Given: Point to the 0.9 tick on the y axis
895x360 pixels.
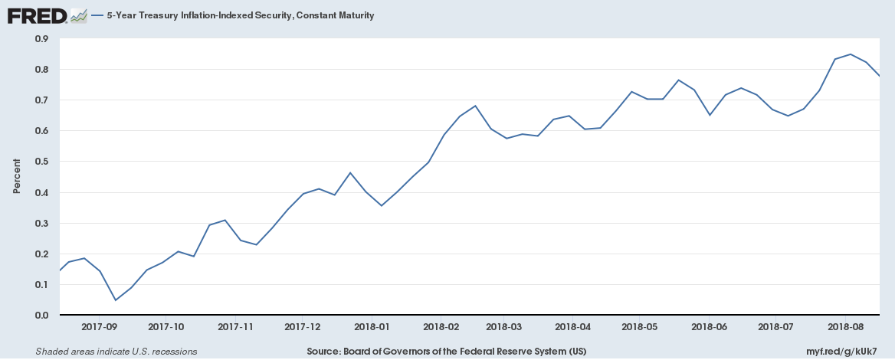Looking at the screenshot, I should point(42,38).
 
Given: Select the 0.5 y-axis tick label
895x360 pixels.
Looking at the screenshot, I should point(42,162).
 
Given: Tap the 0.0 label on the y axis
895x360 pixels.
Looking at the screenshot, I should point(42,316).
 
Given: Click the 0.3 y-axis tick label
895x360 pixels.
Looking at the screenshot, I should point(42,223).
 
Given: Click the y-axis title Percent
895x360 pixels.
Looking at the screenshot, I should point(17,177).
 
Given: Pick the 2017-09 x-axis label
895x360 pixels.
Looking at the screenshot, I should point(100,326).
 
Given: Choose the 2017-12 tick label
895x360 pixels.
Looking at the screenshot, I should point(303,326).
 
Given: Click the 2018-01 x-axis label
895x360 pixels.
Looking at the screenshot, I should point(372,326).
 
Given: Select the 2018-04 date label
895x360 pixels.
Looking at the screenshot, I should point(573,326).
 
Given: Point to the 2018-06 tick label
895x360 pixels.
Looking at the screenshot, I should point(709,326).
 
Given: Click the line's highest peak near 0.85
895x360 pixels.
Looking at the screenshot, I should point(851,54).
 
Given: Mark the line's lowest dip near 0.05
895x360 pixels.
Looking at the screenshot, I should point(115,300).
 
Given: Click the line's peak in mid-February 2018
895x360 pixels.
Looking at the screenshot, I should point(475,106).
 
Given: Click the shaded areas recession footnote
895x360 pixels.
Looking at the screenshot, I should point(116,352).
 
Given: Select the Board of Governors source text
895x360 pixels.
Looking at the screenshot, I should point(447,352).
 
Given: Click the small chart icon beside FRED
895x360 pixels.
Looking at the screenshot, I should point(78,15).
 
